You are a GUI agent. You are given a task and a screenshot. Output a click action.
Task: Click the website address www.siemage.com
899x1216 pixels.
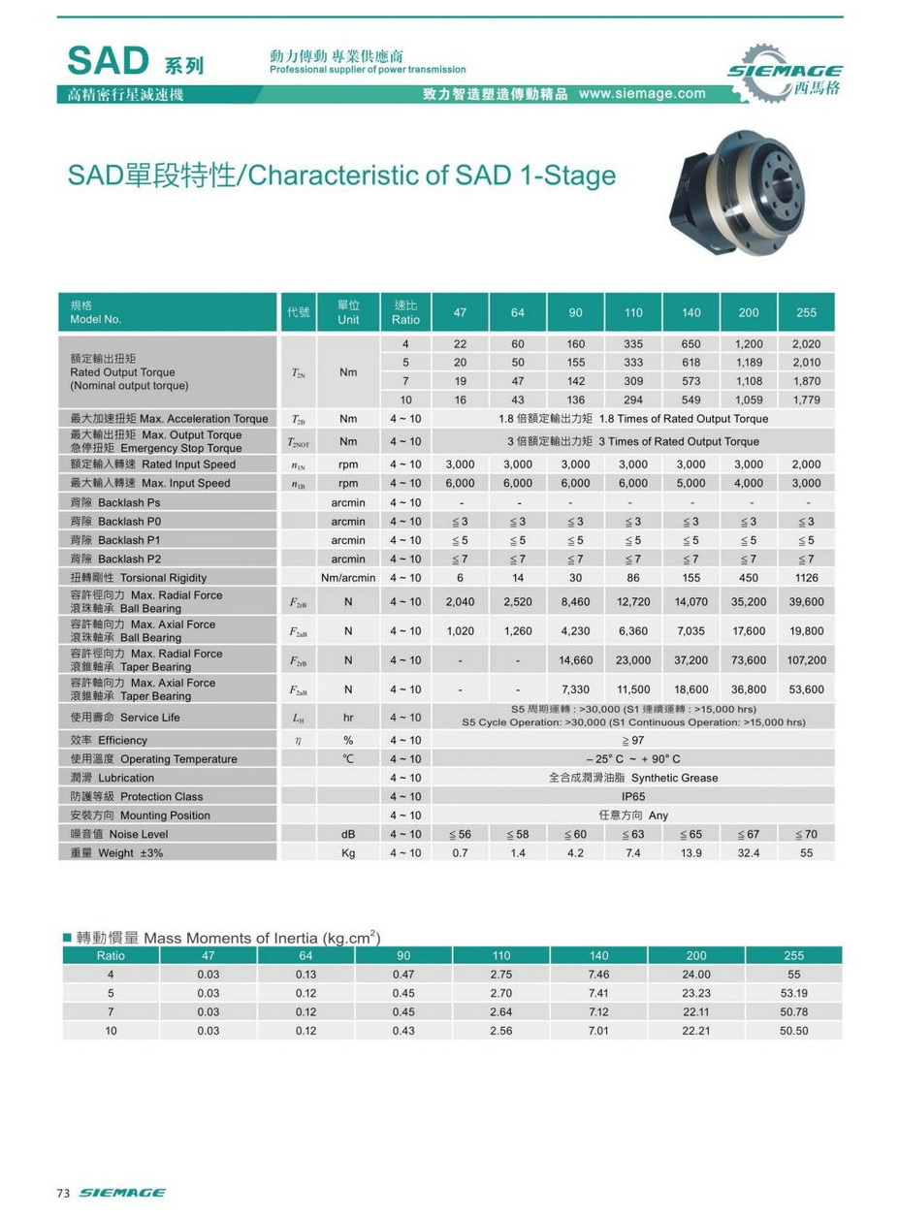tap(642, 94)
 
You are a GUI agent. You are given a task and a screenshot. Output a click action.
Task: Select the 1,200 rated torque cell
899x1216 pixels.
tap(748, 344)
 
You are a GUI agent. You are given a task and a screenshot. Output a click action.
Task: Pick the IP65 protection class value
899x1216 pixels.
tap(632, 796)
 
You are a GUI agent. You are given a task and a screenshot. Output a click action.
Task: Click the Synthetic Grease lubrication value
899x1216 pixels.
tap(633, 778)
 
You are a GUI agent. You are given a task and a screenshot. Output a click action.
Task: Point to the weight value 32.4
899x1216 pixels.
tap(748, 853)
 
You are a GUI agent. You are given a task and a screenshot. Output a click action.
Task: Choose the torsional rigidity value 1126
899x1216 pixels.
tap(807, 578)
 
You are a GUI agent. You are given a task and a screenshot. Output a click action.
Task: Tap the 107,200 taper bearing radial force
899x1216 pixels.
tap(807, 660)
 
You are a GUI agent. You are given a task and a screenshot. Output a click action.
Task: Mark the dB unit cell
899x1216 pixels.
tap(348, 834)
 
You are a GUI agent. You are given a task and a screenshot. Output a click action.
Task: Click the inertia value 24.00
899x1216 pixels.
tap(696, 975)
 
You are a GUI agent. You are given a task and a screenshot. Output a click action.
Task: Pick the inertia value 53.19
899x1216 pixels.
tap(793, 993)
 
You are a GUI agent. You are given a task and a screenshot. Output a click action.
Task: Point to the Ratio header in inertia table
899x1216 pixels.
tap(111, 955)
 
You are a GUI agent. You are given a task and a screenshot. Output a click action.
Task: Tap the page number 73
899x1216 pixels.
tap(64, 1193)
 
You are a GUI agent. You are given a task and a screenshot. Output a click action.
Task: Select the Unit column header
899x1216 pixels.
tap(348, 312)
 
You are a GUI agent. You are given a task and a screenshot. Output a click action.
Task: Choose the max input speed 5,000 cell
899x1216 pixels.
tap(690, 483)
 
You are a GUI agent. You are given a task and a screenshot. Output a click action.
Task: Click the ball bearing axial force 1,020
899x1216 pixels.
tap(460, 631)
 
